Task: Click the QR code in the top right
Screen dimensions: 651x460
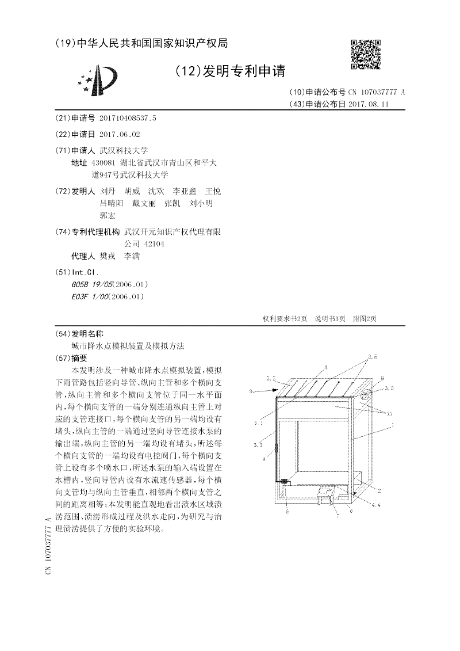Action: point(366,54)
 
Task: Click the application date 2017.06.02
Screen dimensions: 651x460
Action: point(119,134)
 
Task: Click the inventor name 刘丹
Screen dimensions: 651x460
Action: point(108,191)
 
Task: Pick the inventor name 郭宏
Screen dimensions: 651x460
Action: point(108,215)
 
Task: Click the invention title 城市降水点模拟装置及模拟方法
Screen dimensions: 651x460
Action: point(128,346)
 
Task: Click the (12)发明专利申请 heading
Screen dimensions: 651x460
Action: point(230,71)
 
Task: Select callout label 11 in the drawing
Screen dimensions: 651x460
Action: point(390,413)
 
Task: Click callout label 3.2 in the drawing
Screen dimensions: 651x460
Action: point(271,378)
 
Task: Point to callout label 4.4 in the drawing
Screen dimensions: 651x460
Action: point(375,505)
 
